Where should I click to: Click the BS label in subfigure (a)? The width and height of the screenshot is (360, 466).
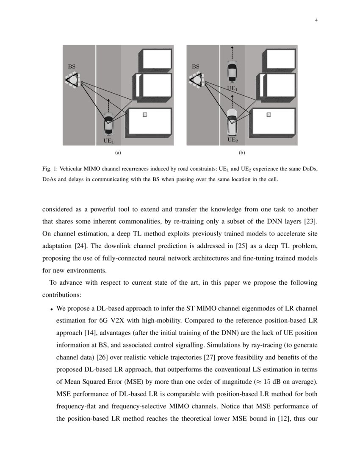(72, 67)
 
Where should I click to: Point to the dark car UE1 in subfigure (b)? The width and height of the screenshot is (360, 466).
(232, 70)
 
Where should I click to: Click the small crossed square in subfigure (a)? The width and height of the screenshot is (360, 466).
(144, 115)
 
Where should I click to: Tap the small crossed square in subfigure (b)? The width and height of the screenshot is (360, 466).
(268, 114)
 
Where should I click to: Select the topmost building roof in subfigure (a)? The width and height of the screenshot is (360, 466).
(157, 60)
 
